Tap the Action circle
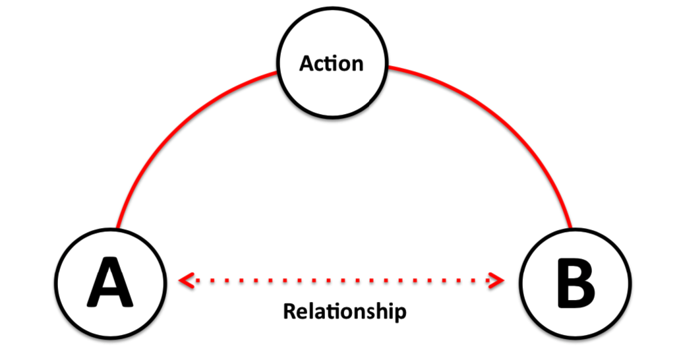click(x=332, y=63)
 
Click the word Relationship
click(x=344, y=311)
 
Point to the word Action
click(x=332, y=63)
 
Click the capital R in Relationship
click(x=289, y=311)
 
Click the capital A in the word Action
click(x=307, y=63)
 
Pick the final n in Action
click(x=357, y=65)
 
